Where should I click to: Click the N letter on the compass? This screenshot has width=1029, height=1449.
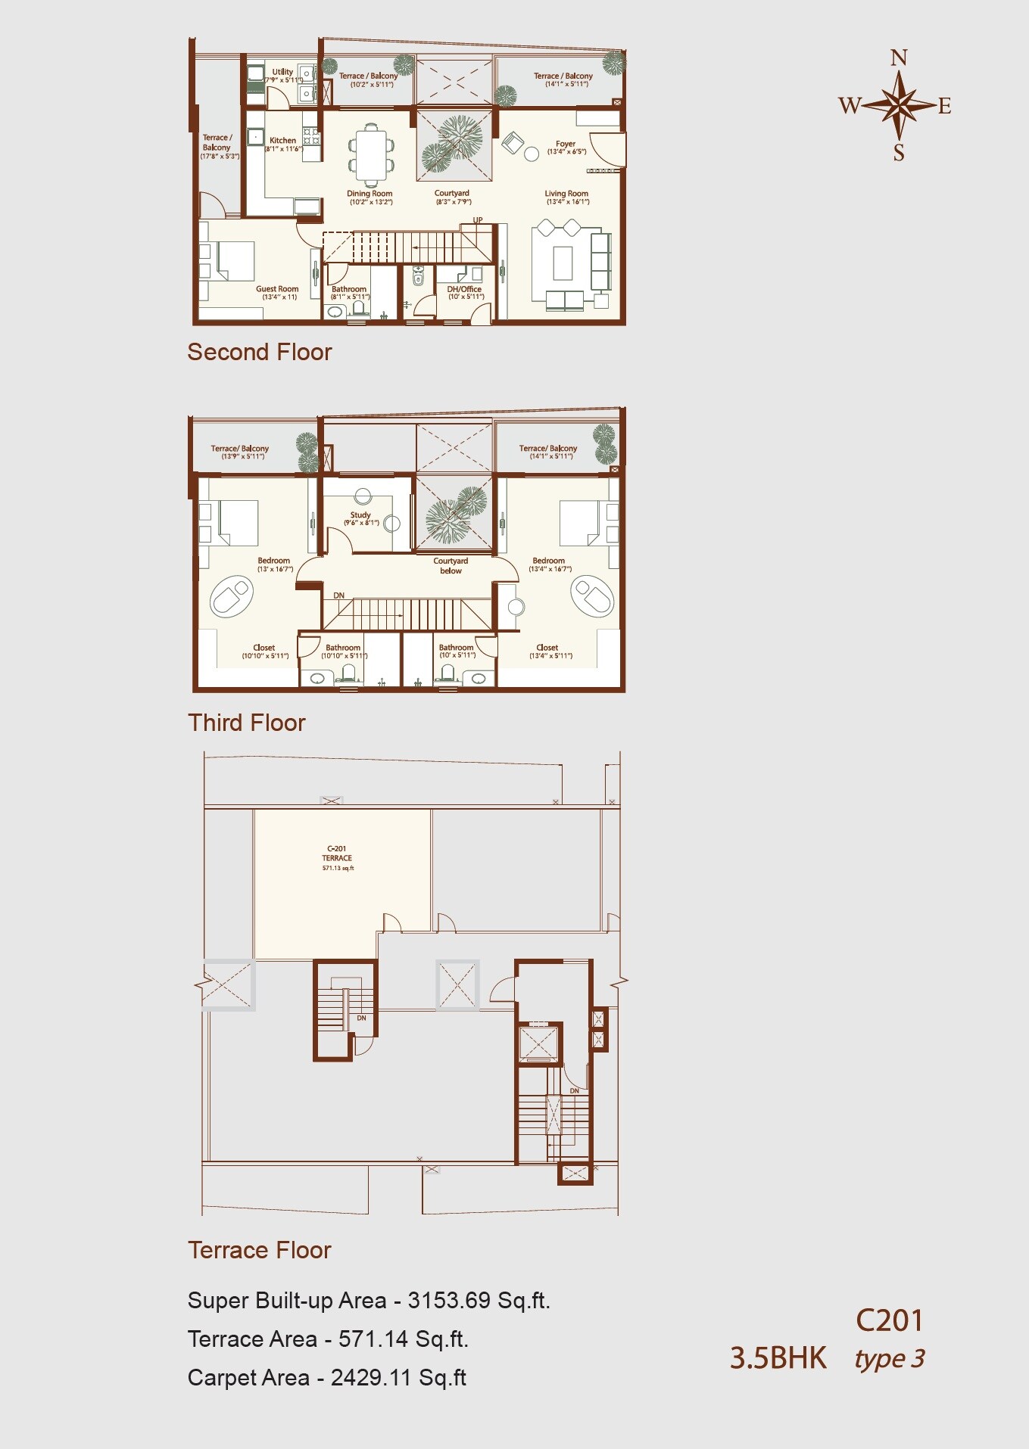click(x=899, y=58)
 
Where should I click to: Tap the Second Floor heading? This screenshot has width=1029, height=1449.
click(x=259, y=352)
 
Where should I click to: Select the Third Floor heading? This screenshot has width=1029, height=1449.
click(x=246, y=723)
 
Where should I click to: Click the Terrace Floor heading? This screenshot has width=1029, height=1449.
click(x=259, y=1250)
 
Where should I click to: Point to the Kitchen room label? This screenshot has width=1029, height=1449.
click(x=282, y=141)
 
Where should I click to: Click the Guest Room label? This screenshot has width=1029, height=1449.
click(x=277, y=289)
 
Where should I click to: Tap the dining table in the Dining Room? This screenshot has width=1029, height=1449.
click(x=371, y=154)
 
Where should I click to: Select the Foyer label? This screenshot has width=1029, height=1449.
click(x=565, y=144)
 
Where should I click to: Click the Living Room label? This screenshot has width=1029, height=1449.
click(x=566, y=194)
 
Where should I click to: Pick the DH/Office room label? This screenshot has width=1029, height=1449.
click(x=464, y=289)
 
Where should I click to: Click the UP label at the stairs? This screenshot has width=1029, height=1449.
click(x=478, y=220)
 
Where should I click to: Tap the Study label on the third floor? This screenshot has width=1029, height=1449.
click(x=360, y=515)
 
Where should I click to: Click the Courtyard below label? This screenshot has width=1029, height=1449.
click(x=451, y=566)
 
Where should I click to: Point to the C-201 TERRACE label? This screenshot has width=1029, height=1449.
click(x=337, y=854)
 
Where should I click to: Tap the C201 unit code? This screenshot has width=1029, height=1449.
click(x=890, y=1320)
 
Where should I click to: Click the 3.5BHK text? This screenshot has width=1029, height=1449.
click(x=778, y=1358)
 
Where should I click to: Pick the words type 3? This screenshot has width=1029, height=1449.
click(x=890, y=1359)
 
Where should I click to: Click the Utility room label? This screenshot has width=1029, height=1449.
click(x=282, y=72)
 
